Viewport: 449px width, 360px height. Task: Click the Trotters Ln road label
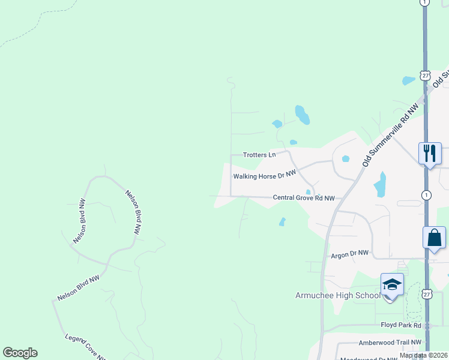click(259, 155)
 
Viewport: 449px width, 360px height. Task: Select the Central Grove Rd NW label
click(304, 197)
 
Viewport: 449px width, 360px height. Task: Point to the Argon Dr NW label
click(349, 254)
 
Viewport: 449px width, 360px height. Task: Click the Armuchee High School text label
click(338, 295)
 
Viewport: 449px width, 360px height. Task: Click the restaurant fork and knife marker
click(430, 154)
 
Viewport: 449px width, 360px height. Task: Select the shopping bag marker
click(434, 238)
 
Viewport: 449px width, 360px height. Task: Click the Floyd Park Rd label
click(402, 325)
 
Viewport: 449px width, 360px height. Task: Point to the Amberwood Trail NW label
click(388, 342)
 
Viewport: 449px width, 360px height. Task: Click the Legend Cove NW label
click(85, 347)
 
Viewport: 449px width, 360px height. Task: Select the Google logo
click(20, 353)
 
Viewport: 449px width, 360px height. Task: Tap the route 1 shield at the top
click(425, 3)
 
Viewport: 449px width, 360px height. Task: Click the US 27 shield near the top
click(425, 76)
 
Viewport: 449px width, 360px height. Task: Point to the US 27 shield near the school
click(426, 293)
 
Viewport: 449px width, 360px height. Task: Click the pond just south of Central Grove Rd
click(282, 222)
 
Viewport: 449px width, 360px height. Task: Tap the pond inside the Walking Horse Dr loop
click(308, 192)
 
